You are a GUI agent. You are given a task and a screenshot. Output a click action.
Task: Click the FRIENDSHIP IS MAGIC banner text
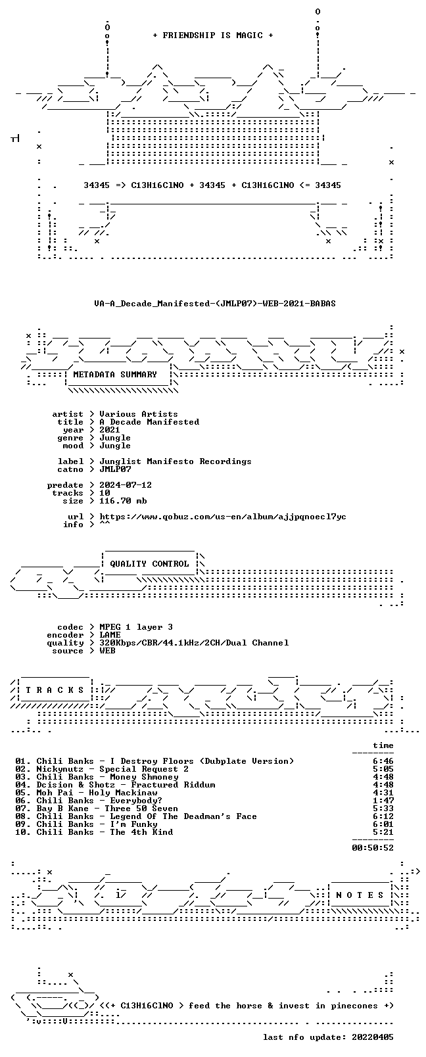click(213, 35)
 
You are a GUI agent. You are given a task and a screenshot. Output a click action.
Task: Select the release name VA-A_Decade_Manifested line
click(215, 304)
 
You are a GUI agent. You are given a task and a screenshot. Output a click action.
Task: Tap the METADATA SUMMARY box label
click(114, 374)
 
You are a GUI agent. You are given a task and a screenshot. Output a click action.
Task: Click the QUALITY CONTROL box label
click(149, 564)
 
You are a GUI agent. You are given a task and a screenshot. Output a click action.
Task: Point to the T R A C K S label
click(55, 690)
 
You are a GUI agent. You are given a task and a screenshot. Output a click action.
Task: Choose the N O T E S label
click(360, 895)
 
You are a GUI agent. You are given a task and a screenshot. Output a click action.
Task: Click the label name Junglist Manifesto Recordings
click(175, 461)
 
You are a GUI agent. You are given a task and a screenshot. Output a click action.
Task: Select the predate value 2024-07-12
click(126, 485)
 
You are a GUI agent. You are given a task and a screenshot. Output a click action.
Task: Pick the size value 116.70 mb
click(123, 501)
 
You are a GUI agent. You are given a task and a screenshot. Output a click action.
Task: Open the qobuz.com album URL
click(223, 517)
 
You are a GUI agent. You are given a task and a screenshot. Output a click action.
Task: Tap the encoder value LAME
click(110, 635)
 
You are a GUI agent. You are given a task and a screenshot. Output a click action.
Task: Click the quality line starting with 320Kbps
click(194, 643)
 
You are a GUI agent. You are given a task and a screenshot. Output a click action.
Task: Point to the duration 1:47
click(383, 800)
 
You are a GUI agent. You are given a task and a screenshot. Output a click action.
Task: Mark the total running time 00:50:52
click(373, 847)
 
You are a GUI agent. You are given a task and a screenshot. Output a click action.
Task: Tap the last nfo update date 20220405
click(373, 1037)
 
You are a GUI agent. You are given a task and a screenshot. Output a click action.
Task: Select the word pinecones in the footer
click(354, 1006)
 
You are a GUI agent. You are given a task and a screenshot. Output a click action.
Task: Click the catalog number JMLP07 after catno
click(115, 469)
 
